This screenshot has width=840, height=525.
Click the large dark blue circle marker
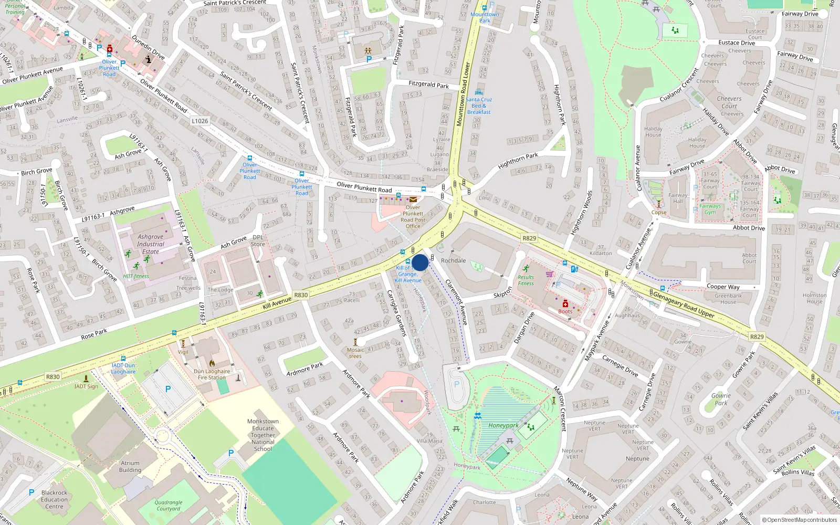pos(420,262)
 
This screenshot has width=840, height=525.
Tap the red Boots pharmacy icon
pos(565,303)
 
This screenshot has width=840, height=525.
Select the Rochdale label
pos(453,260)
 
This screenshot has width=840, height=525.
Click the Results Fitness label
pos(526,280)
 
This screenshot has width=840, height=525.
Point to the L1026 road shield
pos(199,121)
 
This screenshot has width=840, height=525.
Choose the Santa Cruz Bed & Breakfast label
pos(479,106)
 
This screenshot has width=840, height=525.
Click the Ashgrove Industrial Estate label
pos(151,244)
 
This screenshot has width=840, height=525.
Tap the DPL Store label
pos(258,240)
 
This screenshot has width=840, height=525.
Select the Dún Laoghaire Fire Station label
pos(212,374)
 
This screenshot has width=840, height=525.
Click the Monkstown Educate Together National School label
pos(263,435)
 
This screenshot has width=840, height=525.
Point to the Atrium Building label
pos(130,467)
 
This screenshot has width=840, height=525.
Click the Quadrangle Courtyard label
pos(169,506)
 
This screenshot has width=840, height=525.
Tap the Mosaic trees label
pos(355,353)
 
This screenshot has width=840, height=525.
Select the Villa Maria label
pos(429,441)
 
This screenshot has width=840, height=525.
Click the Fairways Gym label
pos(710,209)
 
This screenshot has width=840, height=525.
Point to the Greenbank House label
pos(728,299)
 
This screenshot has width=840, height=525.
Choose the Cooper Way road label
pos(723,287)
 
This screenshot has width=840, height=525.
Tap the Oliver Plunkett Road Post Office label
pos(413,217)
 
